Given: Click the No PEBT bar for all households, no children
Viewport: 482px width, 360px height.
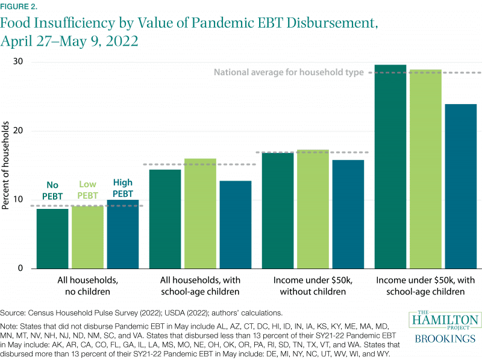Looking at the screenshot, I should [52, 238].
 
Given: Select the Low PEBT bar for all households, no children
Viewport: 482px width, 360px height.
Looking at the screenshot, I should [87, 237].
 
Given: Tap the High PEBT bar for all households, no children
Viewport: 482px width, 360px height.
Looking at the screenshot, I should [122, 234].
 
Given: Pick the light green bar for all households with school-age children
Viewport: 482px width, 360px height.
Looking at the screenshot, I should [200, 214].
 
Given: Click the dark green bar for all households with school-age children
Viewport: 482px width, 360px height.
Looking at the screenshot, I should [165, 219].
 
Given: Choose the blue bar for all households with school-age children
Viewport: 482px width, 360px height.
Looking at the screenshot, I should [236, 225].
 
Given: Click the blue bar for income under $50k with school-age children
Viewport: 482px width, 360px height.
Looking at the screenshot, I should [460, 186].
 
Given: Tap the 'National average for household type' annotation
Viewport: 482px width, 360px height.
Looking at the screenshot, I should [289, 72].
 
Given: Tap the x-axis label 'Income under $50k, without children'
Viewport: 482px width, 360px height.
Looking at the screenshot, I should [313, 286].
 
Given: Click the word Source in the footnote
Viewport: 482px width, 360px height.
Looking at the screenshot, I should [13, 312].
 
